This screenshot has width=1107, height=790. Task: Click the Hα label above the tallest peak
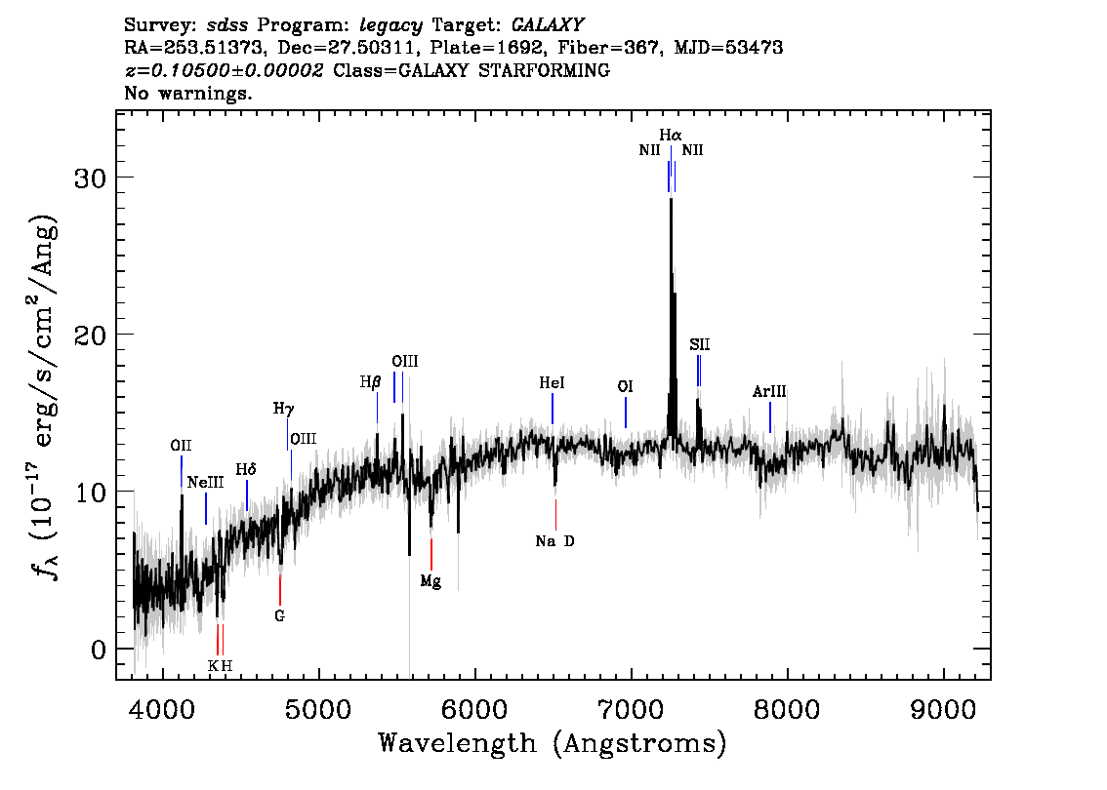[x=670, y=134]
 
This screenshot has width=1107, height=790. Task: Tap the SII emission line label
[x=700, y=344]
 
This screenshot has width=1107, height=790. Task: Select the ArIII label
[x=769, y=391]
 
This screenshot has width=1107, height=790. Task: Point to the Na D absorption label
[x=554, y=541]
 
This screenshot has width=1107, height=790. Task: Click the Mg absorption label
[x=430, y=581]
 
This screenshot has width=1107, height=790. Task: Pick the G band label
[x=279, y=615]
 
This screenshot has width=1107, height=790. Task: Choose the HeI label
[x=552, y=383]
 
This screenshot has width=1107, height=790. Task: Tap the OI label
[x=625, y=386]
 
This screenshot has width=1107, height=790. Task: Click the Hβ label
[x=371, y=382]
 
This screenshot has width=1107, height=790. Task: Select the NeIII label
[x=205, y=483]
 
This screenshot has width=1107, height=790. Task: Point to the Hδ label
[x=246, y=470]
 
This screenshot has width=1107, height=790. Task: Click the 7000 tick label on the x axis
[x=631, y=709]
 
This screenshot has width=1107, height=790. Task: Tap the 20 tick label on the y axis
[x=91, y=335]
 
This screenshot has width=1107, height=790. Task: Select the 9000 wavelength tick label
[x=942, y=709]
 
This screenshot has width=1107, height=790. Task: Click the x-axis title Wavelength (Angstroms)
[x=553, y=743]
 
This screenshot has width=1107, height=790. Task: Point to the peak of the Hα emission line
[x=671, y=199]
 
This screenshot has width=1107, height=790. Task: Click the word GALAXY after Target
[x=547, y=25]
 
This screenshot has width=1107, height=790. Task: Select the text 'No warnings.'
[x=187, y=93]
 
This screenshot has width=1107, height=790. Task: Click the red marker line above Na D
[x=555, y=515]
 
